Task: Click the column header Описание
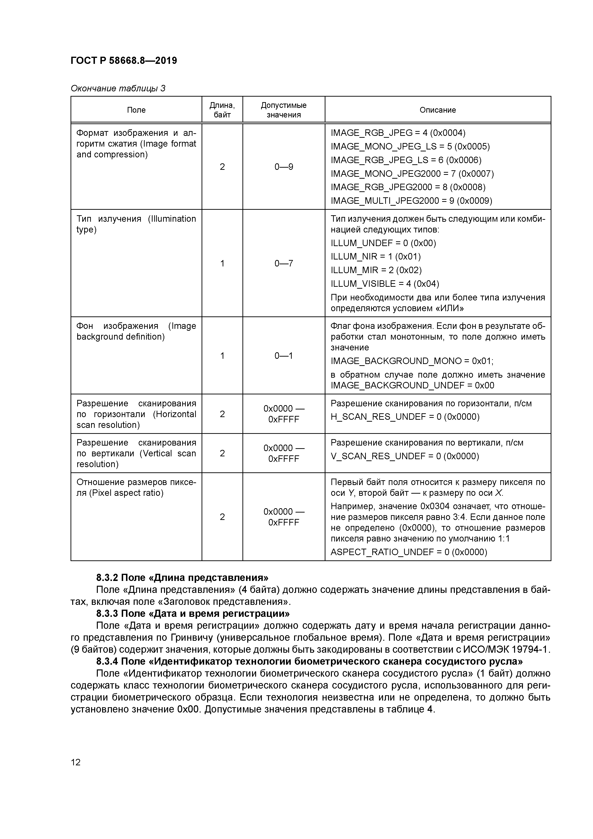point(437,110)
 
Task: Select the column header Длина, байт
point(222,110)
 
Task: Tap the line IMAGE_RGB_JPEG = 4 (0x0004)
point(398,133)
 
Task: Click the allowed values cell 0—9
point(284,167)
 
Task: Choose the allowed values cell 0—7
point(284,264)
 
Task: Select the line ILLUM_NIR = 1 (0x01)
point(376,257)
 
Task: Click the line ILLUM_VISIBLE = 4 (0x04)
point(385,284)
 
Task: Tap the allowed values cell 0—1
point(284,356)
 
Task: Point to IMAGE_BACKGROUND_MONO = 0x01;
point(412,361)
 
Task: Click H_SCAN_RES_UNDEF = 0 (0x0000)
point(405,417)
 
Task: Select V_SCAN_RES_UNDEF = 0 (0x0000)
point(405,456)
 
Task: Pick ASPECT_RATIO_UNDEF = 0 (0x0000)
point(408,552)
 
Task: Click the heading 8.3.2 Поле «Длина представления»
point(182,577)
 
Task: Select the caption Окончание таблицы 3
point(118,88)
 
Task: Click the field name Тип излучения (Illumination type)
point(136,224)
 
